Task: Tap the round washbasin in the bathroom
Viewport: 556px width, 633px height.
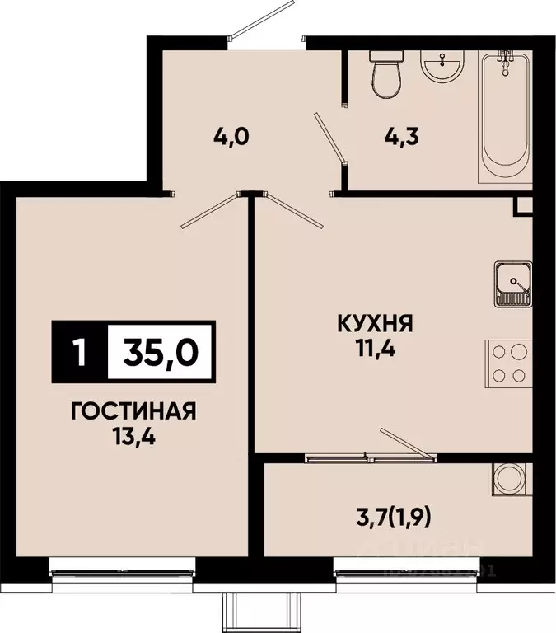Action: [443, 62]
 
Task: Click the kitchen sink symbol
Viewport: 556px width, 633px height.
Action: [512, 284]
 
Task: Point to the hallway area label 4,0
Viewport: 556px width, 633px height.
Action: [231, 135]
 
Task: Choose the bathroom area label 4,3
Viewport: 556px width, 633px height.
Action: [402, 135]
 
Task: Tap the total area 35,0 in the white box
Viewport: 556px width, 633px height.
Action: [161, 353]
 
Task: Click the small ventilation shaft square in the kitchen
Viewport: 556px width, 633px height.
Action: [523, 206]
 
